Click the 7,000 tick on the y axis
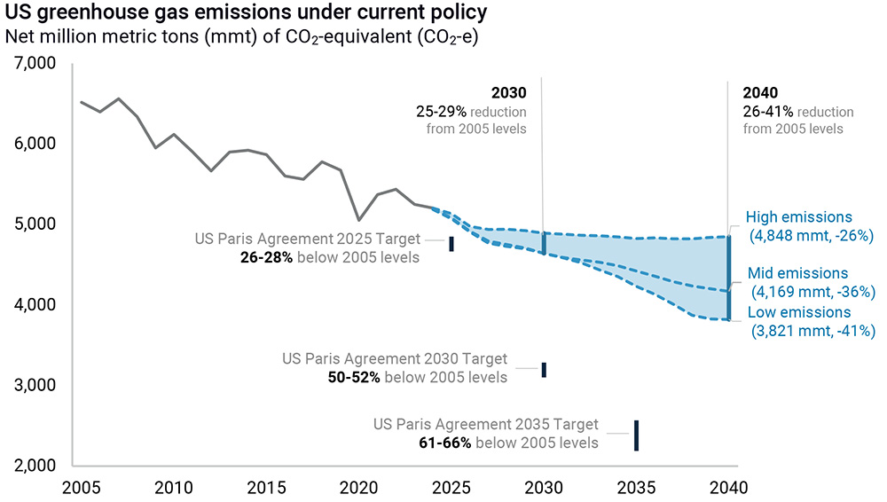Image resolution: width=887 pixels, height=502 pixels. point(35,64)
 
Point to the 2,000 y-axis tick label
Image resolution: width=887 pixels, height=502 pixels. point(35,466)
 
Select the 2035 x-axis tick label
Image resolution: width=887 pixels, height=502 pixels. point(636,487)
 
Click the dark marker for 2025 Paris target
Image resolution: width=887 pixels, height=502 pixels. point(451,244)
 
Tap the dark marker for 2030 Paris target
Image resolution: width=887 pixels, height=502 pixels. point(544,370)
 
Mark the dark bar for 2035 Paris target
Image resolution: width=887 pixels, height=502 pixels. point(636,435)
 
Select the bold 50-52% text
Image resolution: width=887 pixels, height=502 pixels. point(354,377)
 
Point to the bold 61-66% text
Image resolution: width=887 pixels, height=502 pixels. point(445,443)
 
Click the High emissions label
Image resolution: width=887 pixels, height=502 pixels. point(798,217)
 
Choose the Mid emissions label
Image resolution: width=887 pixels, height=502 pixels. point(798,273)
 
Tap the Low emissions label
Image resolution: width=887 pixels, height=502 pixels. point(798,312)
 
